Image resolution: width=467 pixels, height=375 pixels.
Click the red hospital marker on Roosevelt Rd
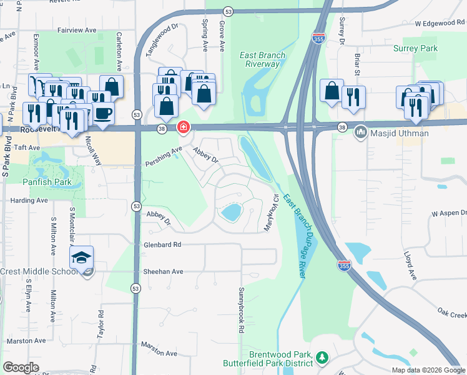tap(184, 127)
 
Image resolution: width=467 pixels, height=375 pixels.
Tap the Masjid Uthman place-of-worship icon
tap(360, 132)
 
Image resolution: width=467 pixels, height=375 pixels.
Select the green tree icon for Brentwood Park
tap(322, 357)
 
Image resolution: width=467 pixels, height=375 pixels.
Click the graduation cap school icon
tap(81, 257)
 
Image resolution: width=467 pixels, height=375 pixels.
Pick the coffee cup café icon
tap(103, 113)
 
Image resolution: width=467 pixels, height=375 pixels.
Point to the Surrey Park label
tap(416, 48)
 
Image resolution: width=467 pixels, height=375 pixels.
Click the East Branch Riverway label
tap(263, 59)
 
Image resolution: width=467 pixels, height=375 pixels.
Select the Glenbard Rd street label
tap(162, 245)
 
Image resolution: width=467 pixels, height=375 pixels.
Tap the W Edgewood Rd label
tap(440, 23)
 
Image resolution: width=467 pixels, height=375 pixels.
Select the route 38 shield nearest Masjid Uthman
tap(342, 127)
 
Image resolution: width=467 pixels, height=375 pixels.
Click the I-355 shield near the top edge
tap(318, 39)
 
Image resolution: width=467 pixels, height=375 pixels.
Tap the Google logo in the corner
tap(21, 367)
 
